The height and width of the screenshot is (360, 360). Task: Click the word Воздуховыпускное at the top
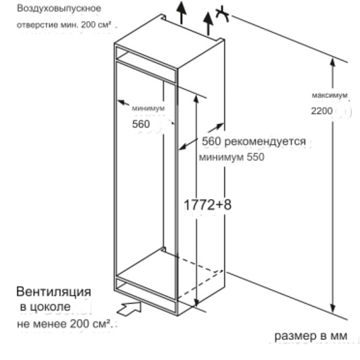click(59, 9)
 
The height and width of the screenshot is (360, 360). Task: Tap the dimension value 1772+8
click(208, 204)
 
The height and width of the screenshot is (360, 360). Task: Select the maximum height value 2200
click(321, 111)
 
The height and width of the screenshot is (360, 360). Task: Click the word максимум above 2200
click(330, 95)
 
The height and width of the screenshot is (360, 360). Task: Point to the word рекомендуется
click(265, 141)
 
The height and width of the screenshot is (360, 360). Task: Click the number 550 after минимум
click(255, 157)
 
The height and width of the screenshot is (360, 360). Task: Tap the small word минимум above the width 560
click(148, 108)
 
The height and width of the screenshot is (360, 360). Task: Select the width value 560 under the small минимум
click(141, 124)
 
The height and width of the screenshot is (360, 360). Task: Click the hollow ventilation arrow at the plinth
click(129, 309)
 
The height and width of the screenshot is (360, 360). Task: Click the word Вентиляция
click(53, 292)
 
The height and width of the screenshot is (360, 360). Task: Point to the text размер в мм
click(311, 336)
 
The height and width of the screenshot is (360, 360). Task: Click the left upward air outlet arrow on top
click(181, 13)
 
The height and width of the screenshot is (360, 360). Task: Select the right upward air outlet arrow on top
click(208, 24)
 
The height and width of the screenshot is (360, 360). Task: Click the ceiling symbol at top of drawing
click(222, 14)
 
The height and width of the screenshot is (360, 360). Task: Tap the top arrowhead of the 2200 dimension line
click(333, 62)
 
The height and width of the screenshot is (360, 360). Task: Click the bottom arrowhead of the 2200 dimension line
click(333, 309)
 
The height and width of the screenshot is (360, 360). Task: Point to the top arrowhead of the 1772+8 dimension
click(196, 99)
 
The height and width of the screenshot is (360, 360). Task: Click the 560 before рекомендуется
click(211, 141)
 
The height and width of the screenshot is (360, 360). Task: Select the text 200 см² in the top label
click(96, 24)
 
